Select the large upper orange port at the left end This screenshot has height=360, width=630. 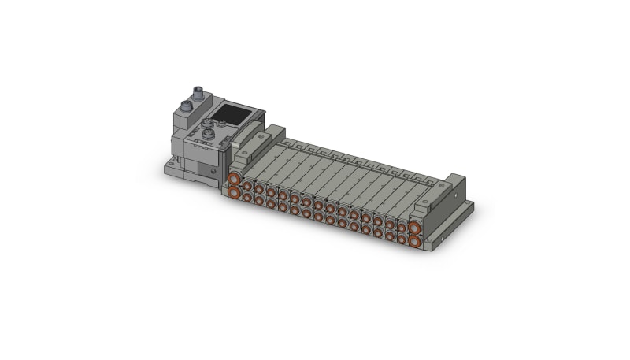[x=234, y=180]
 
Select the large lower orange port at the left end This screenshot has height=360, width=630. [x=235, y=193]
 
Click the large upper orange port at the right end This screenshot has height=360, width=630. [x=414, y=227]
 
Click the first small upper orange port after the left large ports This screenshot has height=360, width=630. [x=246, y=186]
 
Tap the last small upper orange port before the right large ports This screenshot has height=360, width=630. [x=401, y=225]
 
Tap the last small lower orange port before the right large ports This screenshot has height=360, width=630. [x=401, y=237]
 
